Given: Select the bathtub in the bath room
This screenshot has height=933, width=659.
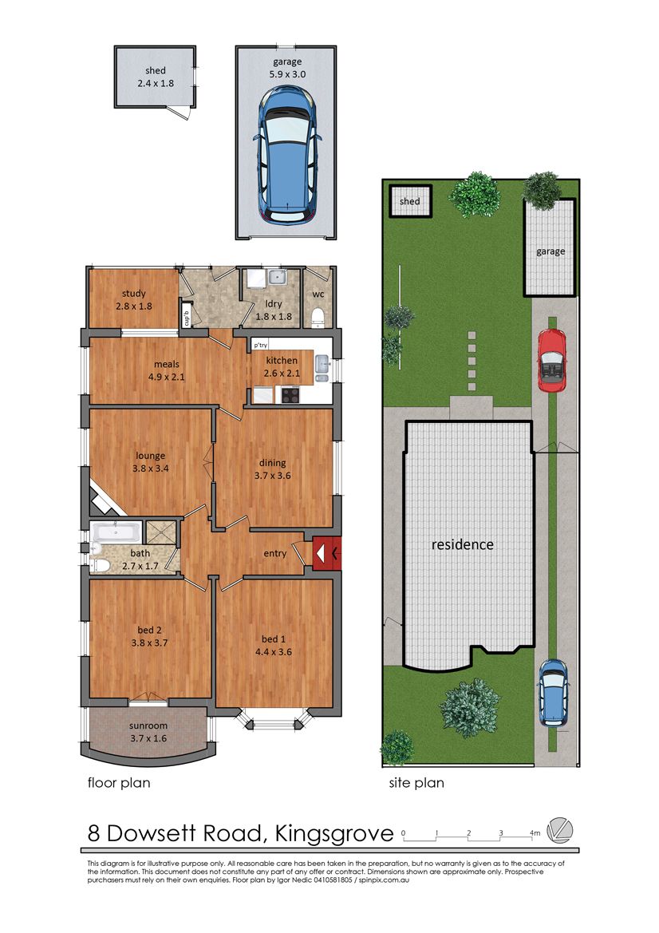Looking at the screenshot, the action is pos(116,532).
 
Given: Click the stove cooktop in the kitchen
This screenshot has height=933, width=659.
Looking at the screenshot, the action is pos(290,394).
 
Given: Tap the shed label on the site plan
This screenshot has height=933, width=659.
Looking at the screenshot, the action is pos(410,201).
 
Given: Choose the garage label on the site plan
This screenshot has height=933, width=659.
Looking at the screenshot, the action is pos(550,251).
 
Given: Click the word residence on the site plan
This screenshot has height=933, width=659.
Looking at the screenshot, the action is pos(462,544).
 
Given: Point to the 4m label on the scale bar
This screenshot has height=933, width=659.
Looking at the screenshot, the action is pos(535,833).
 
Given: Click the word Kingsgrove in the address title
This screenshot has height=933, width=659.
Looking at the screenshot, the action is pos(333,833).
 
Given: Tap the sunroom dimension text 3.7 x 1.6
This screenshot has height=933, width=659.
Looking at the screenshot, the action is pos(148,738).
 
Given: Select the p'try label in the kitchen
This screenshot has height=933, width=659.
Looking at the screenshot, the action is pos(261,345).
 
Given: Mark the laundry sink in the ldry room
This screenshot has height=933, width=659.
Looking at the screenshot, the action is pos(277,277).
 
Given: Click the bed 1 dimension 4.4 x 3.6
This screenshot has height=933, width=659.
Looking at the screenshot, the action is pos(273,651).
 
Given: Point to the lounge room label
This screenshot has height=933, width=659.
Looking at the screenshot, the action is pos(151,456).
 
